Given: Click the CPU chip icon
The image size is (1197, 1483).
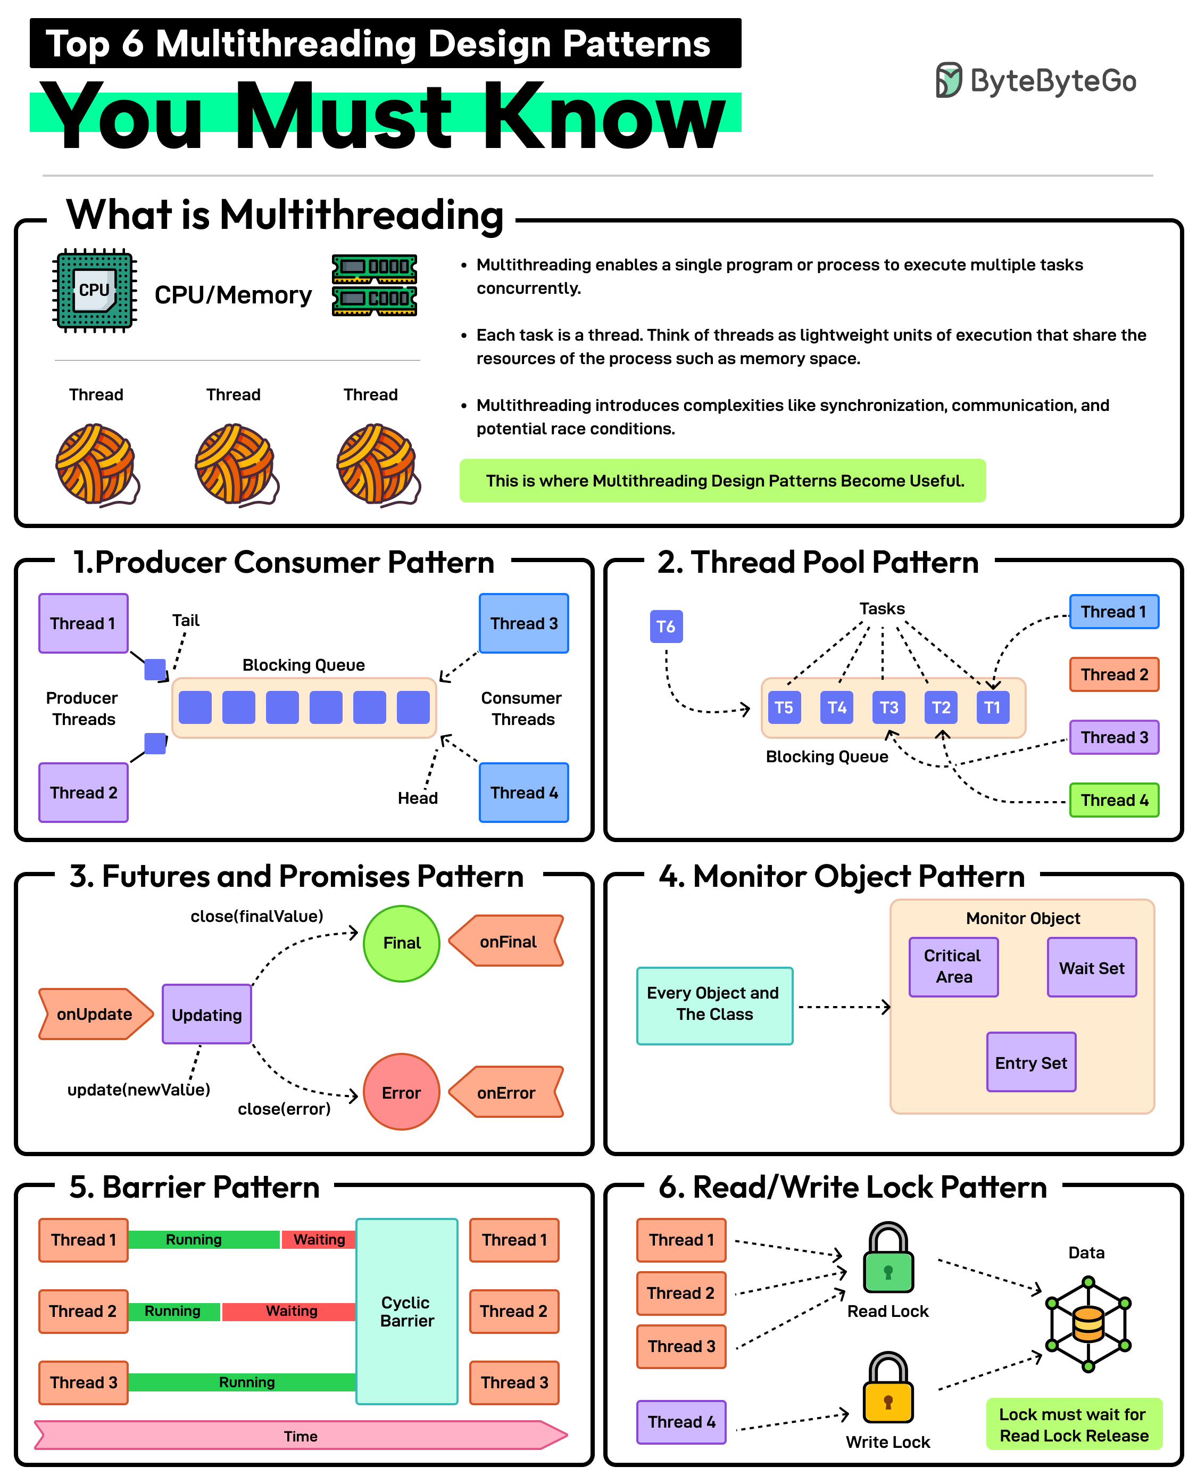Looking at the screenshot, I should pos(95,291).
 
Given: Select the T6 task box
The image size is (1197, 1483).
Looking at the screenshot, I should pos(666,627).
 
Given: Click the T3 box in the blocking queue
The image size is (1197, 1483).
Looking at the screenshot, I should pos(889,707).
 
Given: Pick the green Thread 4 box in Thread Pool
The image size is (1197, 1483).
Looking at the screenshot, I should pos(1113,800).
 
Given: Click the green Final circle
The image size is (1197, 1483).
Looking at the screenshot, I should pos(401,943).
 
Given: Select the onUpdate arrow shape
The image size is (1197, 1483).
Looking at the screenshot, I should pos(95,1014).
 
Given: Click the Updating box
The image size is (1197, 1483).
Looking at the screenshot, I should pos(207,1014).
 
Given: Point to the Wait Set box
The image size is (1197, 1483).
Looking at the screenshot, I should pos(1092,968).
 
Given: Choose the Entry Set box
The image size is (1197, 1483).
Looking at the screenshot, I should pos(1031,1062).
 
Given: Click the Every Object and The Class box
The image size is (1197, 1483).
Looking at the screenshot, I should pos(714,1005).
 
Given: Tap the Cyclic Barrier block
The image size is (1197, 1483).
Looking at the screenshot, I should pos(407,1311).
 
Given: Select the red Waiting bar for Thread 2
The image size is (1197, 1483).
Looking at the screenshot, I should pos(289,1311).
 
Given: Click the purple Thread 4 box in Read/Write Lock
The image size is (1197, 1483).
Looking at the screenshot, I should pos(681,1422).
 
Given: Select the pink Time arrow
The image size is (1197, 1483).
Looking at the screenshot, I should pos(301,1436).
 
